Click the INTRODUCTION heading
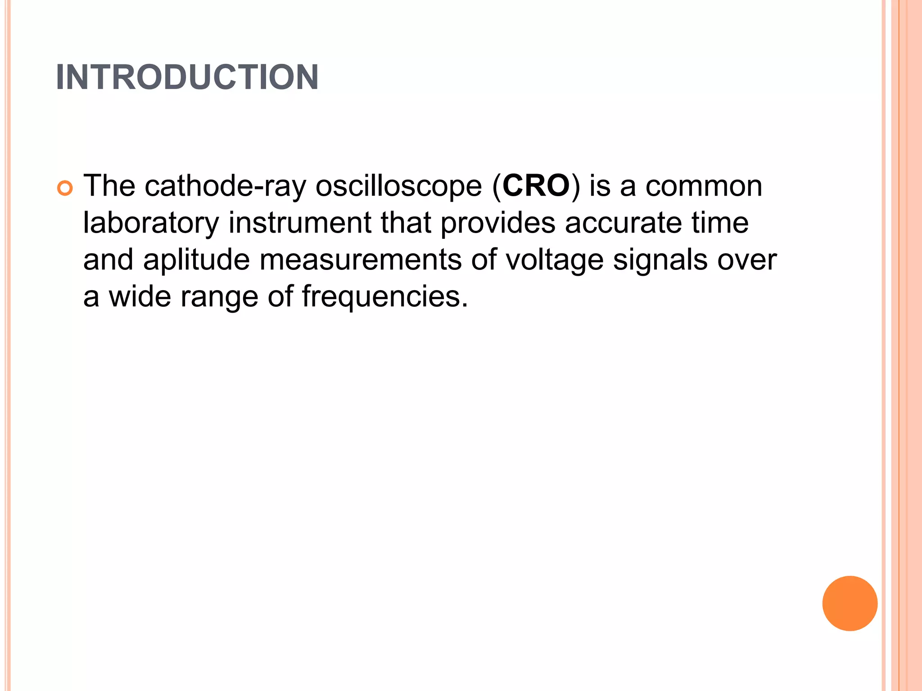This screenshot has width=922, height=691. pos(187,77)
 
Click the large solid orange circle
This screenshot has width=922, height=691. pos(850,603)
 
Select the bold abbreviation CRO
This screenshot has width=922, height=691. pos(536,185)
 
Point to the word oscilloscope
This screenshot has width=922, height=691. pos(398,186)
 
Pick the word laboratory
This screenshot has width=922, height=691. pos(151,224)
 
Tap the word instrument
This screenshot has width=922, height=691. pos(300,223)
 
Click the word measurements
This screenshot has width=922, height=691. pos(361,260)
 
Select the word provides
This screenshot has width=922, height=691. pos(498,224)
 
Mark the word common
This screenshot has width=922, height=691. pos(704,186)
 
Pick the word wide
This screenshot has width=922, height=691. pos(140,297)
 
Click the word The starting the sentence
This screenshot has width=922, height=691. pos(109,185)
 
